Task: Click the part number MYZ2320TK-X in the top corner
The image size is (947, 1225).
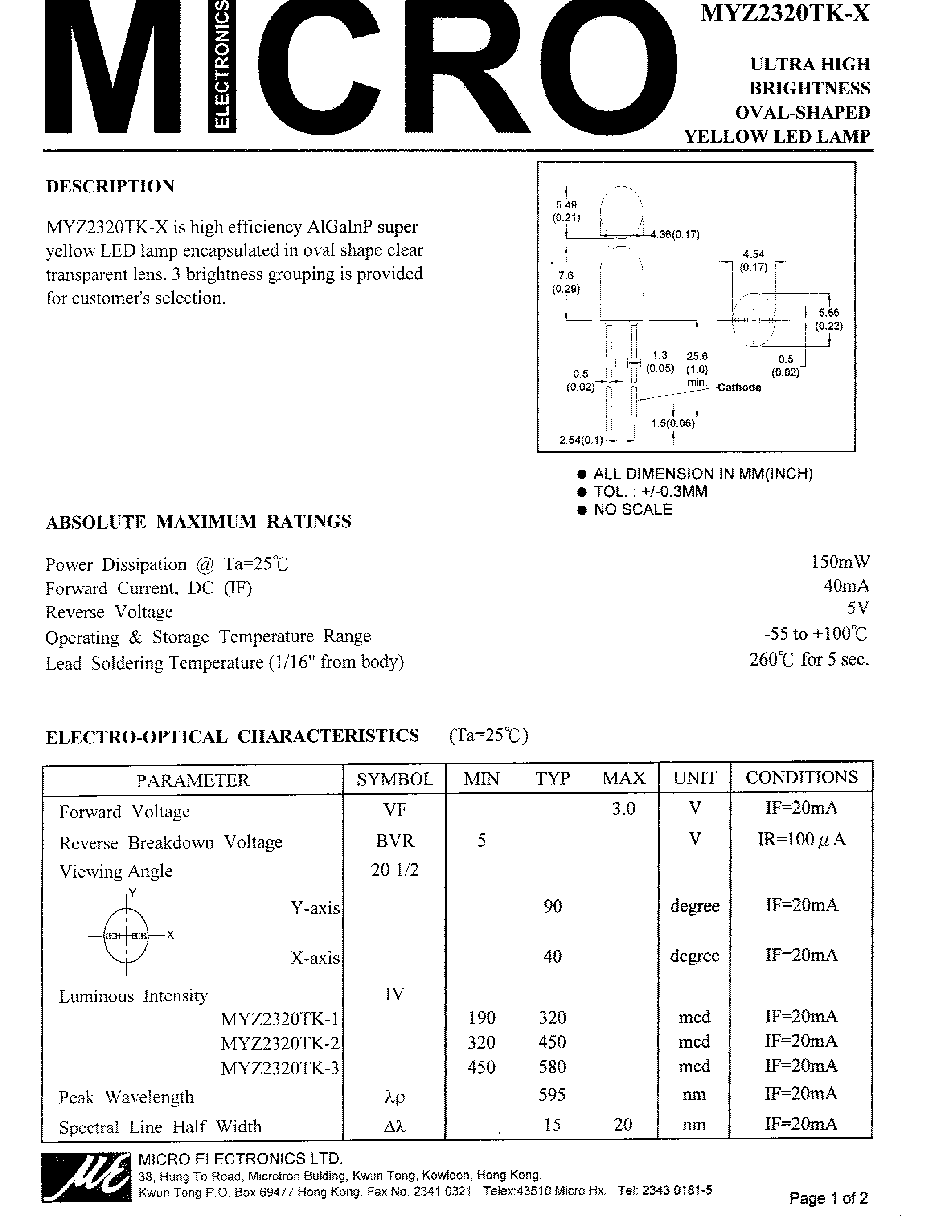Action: pos(784,13)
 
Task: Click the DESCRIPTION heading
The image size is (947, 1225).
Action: pos(111,186)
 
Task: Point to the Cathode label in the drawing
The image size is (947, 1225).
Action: pos(739,387)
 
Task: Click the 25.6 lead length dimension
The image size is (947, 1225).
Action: pos(697,356)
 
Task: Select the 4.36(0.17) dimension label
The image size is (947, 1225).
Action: pos(674,234)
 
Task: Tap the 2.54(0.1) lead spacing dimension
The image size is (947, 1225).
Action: pos(581,440)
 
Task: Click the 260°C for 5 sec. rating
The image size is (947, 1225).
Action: pos(808,659)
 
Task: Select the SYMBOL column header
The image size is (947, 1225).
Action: pos(394,779)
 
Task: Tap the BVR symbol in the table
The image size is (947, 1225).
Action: pos(394,840)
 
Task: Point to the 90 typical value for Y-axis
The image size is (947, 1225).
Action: pos(552,906)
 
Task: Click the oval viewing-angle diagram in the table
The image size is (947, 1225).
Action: pos(127,935)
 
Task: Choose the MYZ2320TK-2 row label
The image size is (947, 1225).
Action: pos(279,1043)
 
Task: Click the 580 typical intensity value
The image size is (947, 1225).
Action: pos(552,1066)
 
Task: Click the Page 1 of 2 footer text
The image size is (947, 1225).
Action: pos(828,1198)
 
